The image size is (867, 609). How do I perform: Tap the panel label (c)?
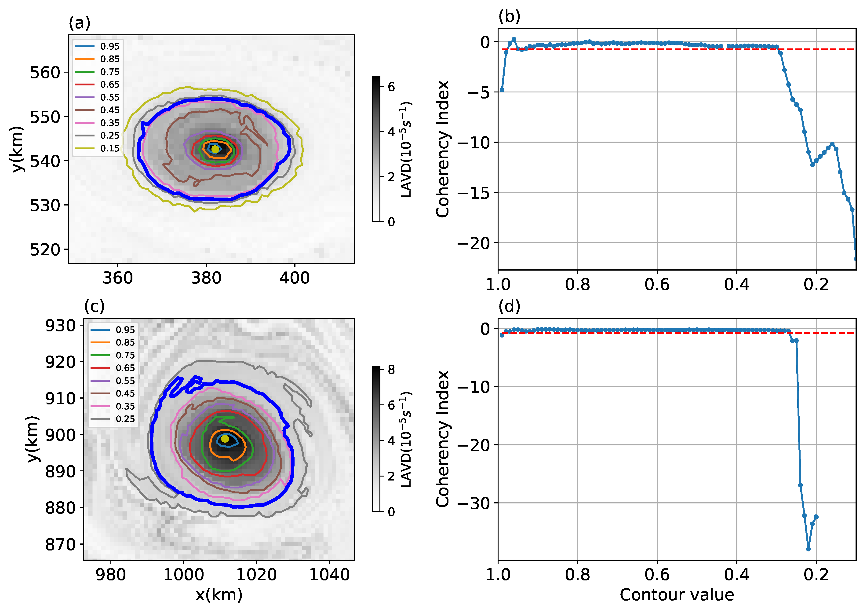pyautogui.click(x=94, y=306)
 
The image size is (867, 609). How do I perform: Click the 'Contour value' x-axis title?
pyautogui.click(x=677, y=595)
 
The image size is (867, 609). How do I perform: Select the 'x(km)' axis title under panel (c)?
pyautogui.click(x=219, y=595)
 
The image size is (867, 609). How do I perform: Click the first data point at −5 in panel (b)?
pyautogui.click(x=502, y=90)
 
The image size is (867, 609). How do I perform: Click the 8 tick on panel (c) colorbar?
pyautogui.click(x=391, y=370)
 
